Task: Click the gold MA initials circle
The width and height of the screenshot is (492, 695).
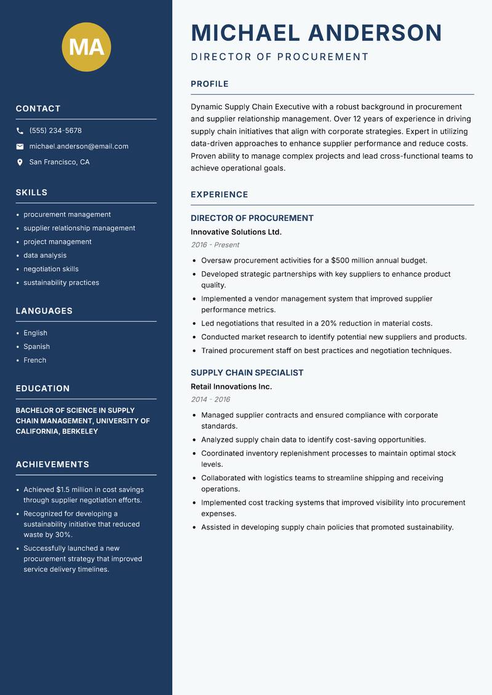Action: pos(87,47)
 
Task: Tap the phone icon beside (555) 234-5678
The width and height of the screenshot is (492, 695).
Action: pos(20,131)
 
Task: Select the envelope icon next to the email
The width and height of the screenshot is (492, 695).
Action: pos(20,146)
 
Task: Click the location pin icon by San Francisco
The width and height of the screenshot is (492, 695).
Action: pos(20,162)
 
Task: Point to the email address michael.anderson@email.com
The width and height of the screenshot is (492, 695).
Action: pos(79,146)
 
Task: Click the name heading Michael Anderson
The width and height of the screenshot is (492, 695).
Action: pos(316,33)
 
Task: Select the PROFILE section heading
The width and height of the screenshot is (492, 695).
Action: pos(209,84)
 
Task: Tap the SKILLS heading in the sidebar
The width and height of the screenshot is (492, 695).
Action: pos(31,193)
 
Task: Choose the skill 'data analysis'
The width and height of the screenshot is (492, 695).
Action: pos(45,255)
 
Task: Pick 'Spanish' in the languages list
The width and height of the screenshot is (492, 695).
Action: pos(36,346)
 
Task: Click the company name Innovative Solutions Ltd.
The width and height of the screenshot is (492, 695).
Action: pos(236,232)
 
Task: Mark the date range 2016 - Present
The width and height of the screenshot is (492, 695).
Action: pos(215,245)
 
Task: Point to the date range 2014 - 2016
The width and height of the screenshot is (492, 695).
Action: pos(210,399)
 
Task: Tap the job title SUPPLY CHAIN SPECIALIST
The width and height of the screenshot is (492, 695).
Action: pos(247,373)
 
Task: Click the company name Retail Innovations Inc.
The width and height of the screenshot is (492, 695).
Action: pos(231,386)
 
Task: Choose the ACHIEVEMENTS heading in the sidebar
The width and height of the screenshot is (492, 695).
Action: pos(52,464)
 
